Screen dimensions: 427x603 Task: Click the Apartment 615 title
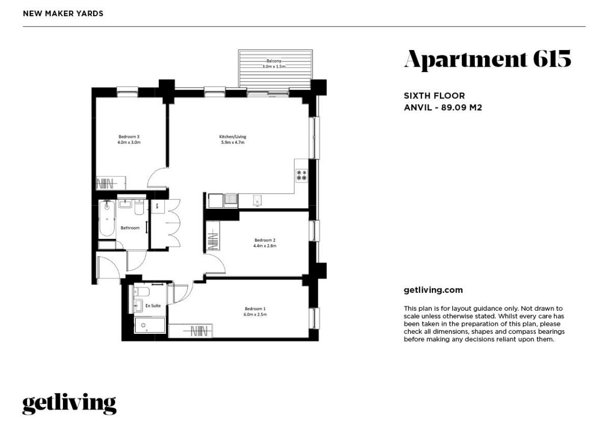[x=487, y=59]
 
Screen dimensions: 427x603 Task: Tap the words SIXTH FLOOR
[x=434, y=96]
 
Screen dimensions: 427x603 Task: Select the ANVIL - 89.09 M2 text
[x=443, y=107]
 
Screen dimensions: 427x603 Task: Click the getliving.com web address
[x=433, y=290]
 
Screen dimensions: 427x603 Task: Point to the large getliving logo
[x=69, y=403]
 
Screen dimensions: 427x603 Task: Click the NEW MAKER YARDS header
[x=63, y=13]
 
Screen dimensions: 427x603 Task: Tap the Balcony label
[x=274, y=61]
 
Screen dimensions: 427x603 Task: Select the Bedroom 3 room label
[x=129, y=137]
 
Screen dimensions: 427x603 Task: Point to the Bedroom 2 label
[x=265, y=240]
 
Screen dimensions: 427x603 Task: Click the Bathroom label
[x=130, y=228]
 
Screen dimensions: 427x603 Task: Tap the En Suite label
[x=153, y=306]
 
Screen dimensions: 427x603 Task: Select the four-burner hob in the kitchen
[x=301, y=175]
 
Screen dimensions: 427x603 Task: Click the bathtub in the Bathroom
[x=107, y=221]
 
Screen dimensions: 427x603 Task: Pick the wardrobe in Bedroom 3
[x=111, y=183]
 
